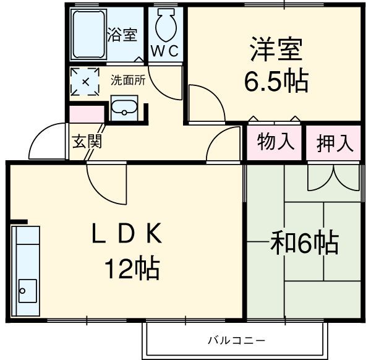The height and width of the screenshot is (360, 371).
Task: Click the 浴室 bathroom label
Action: click(x=122, y=35)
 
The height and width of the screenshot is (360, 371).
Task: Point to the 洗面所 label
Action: click(x=128, y=80)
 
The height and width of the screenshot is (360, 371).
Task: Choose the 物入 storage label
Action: click(x=275, y=142)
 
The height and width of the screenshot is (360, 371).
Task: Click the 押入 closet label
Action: click(x=335, y=144)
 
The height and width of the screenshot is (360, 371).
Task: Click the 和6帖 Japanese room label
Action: click(x=305, y=243)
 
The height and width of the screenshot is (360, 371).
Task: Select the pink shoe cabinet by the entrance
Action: click(x=86, y=114)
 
